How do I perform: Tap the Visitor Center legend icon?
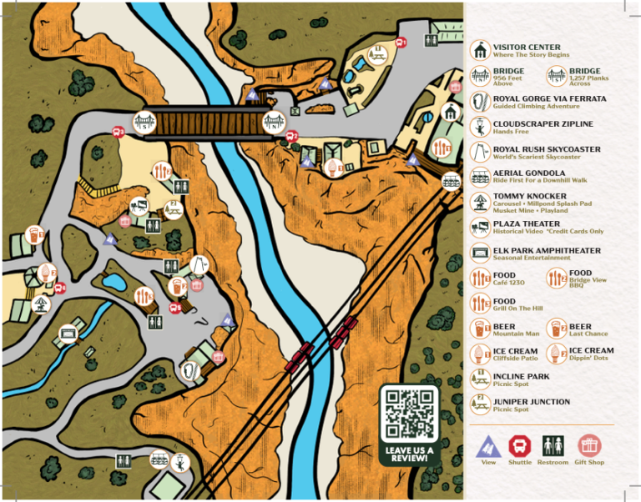point(479,50)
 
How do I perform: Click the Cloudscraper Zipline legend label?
point(543,123)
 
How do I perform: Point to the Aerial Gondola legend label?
point(529,173)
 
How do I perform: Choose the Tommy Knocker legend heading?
point(529,196)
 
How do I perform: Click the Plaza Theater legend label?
point(527,223)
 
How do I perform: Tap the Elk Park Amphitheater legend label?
point(547,250)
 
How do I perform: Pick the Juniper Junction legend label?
point(532,401)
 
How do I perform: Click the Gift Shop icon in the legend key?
point(589,445)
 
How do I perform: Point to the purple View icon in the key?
point(488,446)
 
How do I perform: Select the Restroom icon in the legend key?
point(553,445)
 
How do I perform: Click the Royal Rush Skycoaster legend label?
point(547,149)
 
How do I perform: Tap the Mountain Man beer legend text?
point(516,334)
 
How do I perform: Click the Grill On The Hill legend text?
point(517,308)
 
